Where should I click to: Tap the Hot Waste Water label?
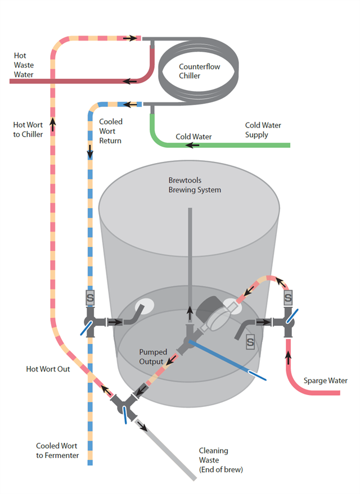(x=24, y=65)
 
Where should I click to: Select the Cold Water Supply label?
(x=263, y=130)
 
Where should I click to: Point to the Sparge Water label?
(x=325, y=380)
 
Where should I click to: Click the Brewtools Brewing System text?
(x=195, y=185)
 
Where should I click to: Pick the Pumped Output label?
(x=153, y=356)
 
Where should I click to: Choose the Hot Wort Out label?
(x=48, y=369)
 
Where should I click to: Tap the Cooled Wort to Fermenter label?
(x=58, y=450)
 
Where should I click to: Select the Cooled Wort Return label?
(x=110, y=131)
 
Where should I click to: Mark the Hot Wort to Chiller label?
(x=28, y=130)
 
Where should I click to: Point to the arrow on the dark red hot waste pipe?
(x=130, y=81)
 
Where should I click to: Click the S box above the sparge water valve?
(x=288, y=296)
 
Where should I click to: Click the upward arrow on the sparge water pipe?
(x=289, y=355)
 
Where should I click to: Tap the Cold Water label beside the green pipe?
(x=193, y=137)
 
